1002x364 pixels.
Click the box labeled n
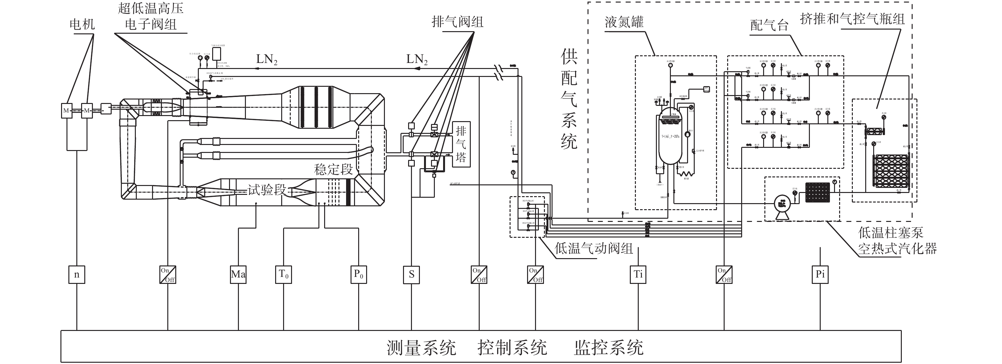click(77, 275)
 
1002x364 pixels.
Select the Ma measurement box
click(238, 275)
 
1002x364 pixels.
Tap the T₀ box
click(283, 275)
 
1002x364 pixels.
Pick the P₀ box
click(358, 275)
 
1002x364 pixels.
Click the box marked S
click(412, 275)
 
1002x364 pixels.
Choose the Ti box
click(638, 275)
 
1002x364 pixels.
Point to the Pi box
click(820, 275)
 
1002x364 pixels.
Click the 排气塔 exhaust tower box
click(461, 144)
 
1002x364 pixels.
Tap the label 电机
click(82, 24)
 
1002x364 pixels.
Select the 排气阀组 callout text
click(457, 22)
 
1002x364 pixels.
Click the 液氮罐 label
click(624, 22)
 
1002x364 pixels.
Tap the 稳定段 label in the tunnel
click(333, 169)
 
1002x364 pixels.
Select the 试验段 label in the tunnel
click(267, 190)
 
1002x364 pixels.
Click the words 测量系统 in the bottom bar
click(421, 347)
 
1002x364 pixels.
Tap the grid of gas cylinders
click(890, 170)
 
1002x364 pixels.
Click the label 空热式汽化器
click(897, 249)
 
